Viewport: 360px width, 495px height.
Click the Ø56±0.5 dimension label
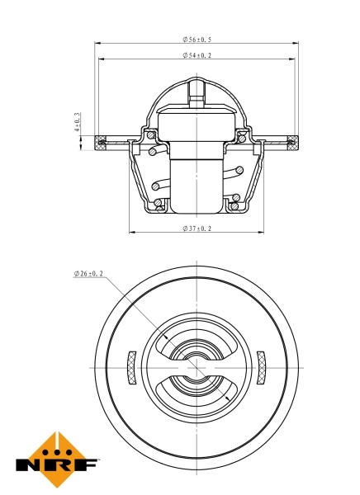tap(197, 40)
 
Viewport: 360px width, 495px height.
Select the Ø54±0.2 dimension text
tap(197, 55)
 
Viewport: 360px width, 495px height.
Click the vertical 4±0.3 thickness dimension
tap(78, 124)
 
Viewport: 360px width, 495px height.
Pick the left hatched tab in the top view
tap(130, 367)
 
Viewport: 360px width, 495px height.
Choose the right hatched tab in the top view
tap(262, 367)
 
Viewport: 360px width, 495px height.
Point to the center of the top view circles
tap(197, 367)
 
